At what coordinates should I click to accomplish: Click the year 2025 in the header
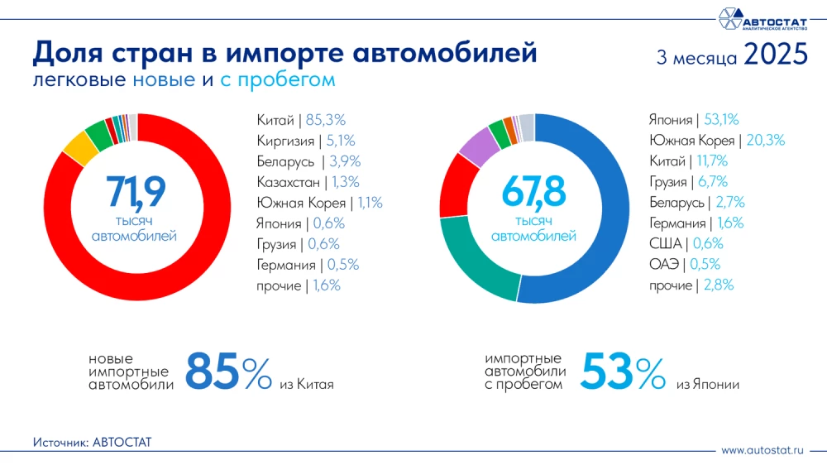point(775,55)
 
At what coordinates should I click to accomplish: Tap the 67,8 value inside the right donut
point(533,191)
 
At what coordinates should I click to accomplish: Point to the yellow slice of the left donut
point(80,148)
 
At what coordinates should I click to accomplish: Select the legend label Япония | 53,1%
point(694,120)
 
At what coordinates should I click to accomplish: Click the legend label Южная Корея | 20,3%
point(716,141)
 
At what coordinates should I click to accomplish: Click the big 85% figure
point(227,372)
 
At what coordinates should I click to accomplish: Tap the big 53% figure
point(622,372)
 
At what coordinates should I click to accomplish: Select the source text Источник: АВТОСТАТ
point(93,443)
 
